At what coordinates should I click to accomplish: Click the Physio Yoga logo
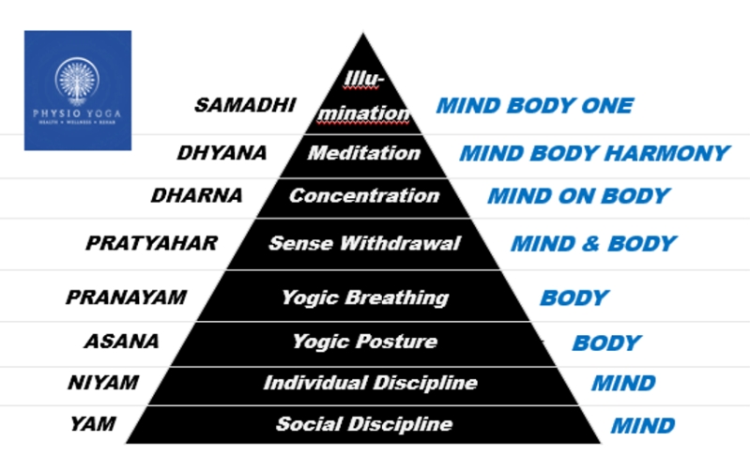pos(78,91)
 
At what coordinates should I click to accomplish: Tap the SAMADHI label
pos(245,104)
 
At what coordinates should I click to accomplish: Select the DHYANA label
pos(222,152)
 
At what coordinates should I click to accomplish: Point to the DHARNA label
pos(196,196)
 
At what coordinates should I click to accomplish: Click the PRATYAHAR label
pos(152,243)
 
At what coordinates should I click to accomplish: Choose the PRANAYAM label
pos(126,297)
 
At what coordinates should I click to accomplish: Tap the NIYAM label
pos(103,383)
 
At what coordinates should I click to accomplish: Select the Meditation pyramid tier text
pos(363,152)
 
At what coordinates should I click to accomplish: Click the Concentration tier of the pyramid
pos(364,196)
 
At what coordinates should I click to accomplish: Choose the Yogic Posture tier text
pos(364,342)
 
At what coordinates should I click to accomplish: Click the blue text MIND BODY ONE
pos(534,105)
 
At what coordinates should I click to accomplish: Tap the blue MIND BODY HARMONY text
pos(594,153)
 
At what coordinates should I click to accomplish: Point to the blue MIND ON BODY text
pos(578,197)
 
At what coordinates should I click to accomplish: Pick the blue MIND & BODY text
pos(593,244)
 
